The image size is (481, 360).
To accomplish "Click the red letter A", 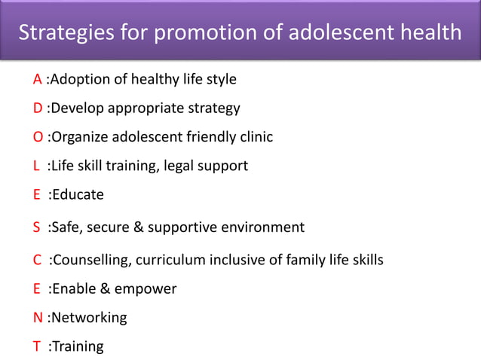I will point(37,79).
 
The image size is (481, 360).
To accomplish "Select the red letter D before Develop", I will point(38,108).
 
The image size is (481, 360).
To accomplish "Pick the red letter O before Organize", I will point(38,137).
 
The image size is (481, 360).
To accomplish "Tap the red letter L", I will point(35,166).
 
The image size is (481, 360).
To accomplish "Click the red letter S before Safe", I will point(36,227).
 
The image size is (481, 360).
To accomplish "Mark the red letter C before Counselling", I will point(37,261).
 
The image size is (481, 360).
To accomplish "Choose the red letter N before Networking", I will point(38,318).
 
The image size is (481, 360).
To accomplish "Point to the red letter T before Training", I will point(36,346).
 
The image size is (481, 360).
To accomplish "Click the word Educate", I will point(78,195).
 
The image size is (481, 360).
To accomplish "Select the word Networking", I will point(89,318).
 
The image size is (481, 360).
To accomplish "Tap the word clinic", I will point(253,137).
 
